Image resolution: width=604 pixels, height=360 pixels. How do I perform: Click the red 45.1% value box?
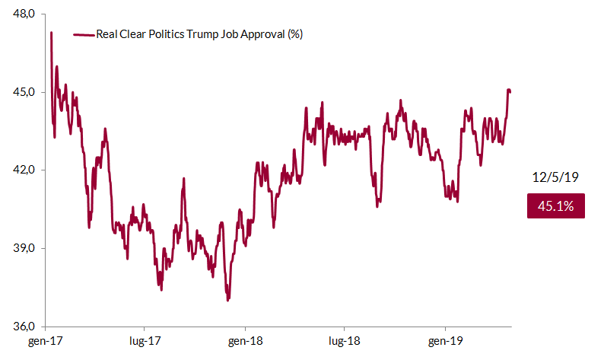pyautogui.click(x=555, y=205)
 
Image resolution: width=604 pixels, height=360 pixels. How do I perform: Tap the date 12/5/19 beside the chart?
pyautogui.click(x=555, y=177)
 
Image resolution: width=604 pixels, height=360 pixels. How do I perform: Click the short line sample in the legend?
pyautogui.click(x=83, y=35)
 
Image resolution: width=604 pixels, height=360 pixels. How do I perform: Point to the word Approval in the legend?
pyautogui.click(x=262, y=35)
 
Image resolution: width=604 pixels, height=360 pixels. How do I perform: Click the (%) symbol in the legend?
pyautogui.click(x=295, y=35)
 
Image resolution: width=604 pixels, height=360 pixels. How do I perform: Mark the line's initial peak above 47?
pyautogui.click(x=51, y=33)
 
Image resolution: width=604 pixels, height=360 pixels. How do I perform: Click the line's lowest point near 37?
pyautogui.click(x=227, y=300)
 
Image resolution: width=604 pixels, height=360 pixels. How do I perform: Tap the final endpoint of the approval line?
pyautogui.click(x=510, y=92)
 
